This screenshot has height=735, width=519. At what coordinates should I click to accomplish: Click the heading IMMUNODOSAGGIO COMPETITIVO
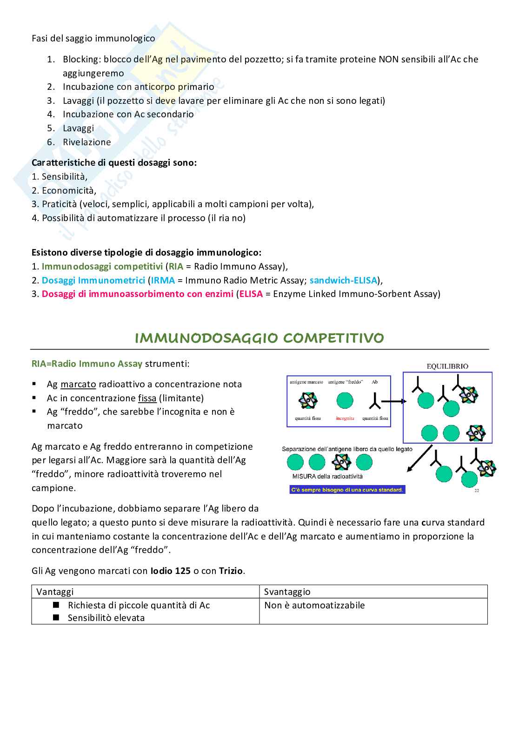click(x=259, y=338)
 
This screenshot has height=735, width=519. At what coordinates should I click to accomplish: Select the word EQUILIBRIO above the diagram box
click(x=447, y=366)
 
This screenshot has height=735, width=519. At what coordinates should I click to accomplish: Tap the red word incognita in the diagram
click(x=345, y=418)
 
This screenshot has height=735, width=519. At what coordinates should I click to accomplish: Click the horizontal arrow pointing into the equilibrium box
click(x=396, y=400)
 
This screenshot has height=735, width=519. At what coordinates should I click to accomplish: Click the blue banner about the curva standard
click(x=347, y=490)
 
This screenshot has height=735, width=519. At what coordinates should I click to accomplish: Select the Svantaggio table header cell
click(x=287, y=592)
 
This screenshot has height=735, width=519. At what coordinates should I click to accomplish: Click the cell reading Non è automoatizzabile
click(x=314, y=605)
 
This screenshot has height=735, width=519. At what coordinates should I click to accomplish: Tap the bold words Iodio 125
click(x=170, y=571)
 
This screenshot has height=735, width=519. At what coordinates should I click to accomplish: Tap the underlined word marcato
click(x=78, y=384)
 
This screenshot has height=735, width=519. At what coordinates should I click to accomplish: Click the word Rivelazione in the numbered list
click(x=87, y=142)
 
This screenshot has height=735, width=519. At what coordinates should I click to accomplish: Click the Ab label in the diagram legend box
click(x=374, y=382)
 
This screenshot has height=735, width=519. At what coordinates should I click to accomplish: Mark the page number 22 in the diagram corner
click(x=477, y=490)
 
